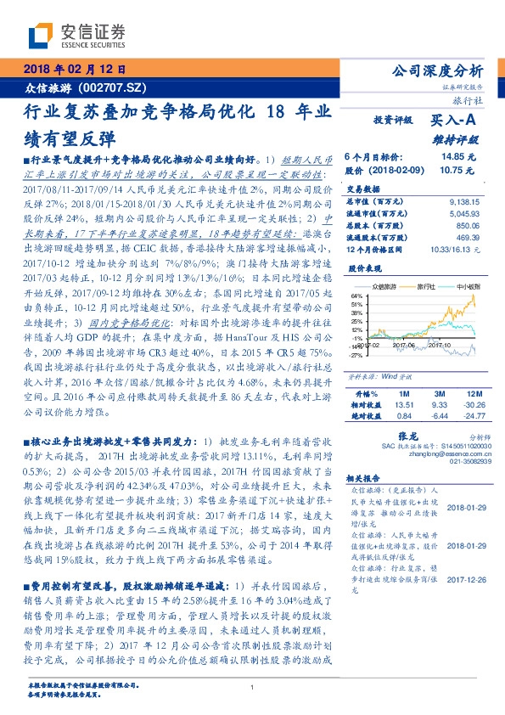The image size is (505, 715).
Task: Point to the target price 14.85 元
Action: coord(458,157)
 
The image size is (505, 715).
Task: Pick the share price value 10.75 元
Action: coord(458,170)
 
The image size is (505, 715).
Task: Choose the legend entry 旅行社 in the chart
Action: coord(416,288)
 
